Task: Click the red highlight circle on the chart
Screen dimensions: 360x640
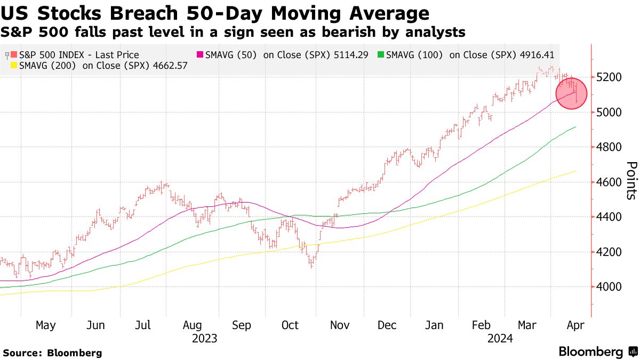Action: pyautogui.click(x=571, y=93)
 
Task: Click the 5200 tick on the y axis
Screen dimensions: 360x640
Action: pyautogui.click(x=609, y=77)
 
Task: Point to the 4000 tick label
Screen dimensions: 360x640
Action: pyautogui.click(x=609, y=287)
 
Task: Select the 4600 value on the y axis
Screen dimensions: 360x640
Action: pyautogui.click(x=609, y=182)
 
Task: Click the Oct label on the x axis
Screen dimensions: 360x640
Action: pyautogui.click(x=291, y=325)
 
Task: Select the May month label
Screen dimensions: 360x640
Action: pyautogui.click(x=45, y=325)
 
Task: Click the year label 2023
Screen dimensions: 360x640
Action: pyautogui.click(x=204, y=338)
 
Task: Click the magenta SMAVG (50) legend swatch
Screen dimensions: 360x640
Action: pyautogui.click(x=201, y=55)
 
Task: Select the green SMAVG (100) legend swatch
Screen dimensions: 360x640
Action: pyautogui.click(x=380, y=55)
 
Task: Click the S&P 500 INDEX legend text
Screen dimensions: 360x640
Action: pyautogui.click(x=78, y=55)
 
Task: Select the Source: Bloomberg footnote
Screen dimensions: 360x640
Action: pyautogui.click(x=52, y=353)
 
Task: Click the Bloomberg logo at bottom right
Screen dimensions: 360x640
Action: pyautogui.click(x=597, y=352)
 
